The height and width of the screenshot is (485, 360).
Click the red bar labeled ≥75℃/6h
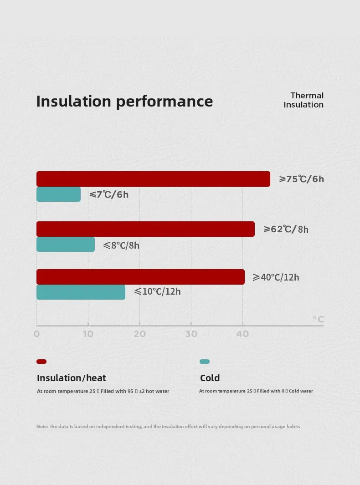153,179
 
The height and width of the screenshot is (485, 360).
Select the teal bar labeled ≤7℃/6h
58,194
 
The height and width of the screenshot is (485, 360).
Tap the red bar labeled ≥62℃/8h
145,229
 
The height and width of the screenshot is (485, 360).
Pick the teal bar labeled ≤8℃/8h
66,245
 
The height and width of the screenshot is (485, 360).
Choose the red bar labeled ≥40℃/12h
140,277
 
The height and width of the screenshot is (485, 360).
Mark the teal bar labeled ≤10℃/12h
81,292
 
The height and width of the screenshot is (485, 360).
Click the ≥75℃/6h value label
301,179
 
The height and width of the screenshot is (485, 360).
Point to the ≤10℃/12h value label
157,291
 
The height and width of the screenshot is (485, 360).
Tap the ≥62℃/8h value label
286,229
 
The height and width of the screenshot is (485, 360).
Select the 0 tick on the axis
36,334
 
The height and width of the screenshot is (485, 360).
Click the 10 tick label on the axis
88,334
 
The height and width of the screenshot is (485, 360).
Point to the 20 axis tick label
139,334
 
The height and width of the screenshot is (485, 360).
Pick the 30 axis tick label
191,334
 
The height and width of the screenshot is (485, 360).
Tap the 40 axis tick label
242,334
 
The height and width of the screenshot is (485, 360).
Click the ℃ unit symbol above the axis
318,319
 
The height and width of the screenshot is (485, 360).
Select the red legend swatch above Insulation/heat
41,362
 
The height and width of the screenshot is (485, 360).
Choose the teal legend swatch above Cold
205,362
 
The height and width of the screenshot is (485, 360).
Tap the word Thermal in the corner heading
307,96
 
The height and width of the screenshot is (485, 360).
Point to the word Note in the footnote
42,427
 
